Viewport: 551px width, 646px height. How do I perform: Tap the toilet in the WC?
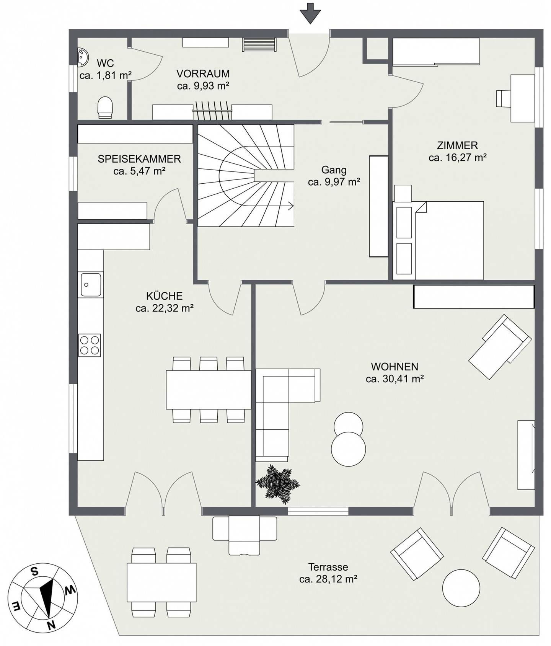[x=105, y=108]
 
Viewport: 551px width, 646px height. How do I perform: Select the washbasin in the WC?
[x=83, y=57]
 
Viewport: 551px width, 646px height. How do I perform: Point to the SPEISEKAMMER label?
[x=139, y=159]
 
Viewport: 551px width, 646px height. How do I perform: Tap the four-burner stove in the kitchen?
[x=90, y=345]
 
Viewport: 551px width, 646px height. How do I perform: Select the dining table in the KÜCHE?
[x=209, y=390]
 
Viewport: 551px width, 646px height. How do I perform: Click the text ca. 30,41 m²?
[x=395, y=379]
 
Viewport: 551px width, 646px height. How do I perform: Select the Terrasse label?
[x=328, y=567]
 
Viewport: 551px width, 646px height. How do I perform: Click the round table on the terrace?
[x=461, y=588]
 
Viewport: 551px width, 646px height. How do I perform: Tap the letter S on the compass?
[x=34, y=572]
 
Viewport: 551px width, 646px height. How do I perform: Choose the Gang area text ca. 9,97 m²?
[x=334, y=182]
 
